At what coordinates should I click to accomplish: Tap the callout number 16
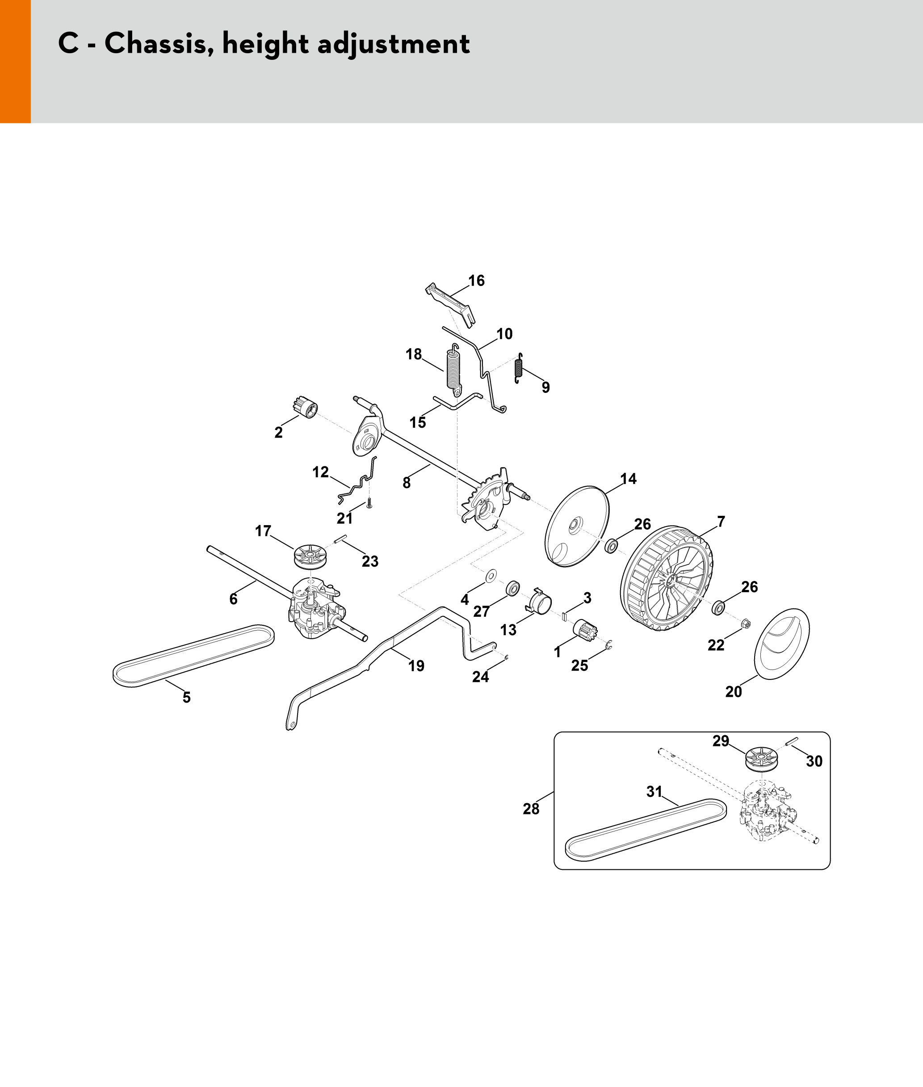tap(476, 281)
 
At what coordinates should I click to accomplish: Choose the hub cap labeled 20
tap(781, 644)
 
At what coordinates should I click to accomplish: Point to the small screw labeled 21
tap(369, 503)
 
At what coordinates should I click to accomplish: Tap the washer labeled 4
tap(491, 576)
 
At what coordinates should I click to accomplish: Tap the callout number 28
tap(531, 809)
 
